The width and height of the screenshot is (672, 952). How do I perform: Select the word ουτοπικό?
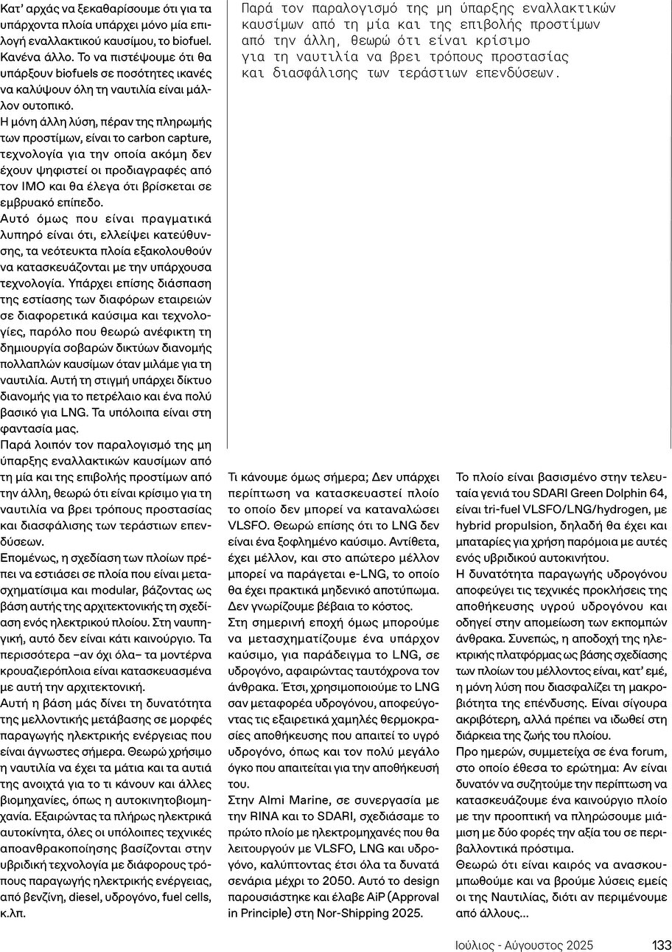(43, 105)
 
